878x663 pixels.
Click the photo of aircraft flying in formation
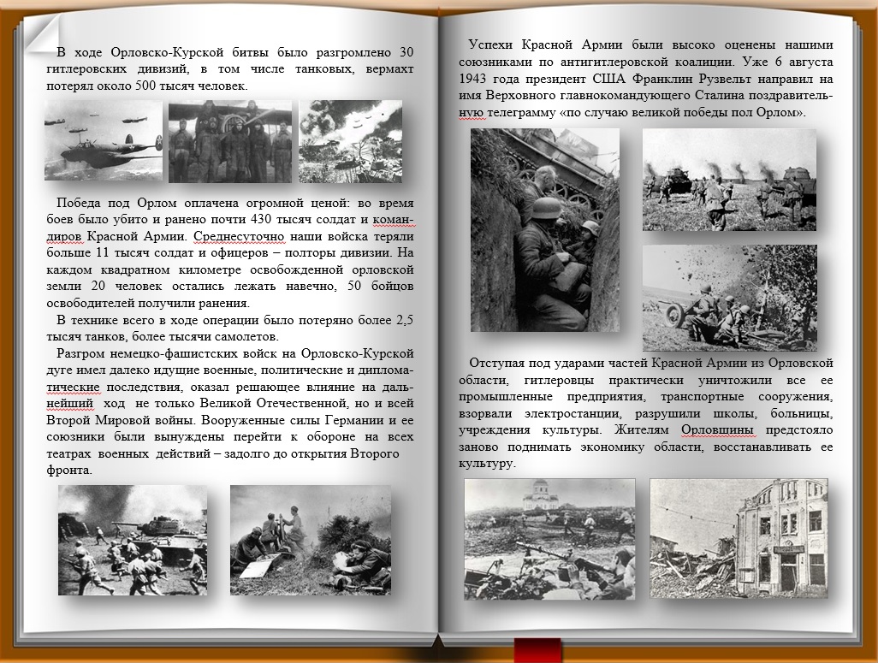pyautogui.click(x=104, y=140)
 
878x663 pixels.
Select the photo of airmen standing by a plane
pyautogui.click(x=229, y=142)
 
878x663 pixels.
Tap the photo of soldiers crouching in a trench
pyautogui.click(x=544, y=230)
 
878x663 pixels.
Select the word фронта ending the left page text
pyautogui.click(x=75, y=470)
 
